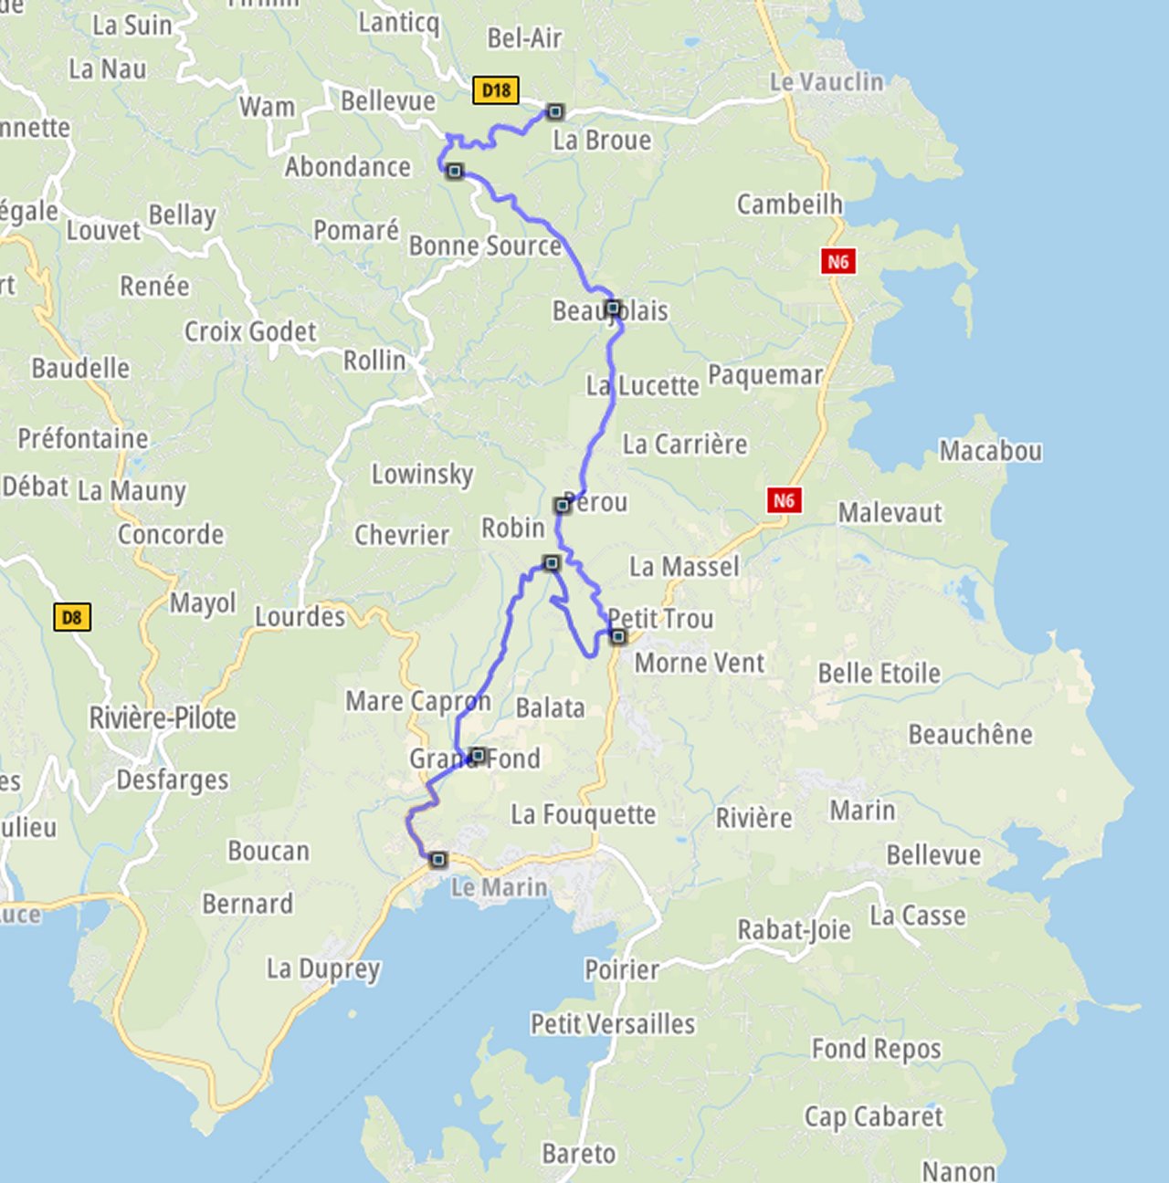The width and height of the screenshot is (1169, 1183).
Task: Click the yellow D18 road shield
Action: point(496,89)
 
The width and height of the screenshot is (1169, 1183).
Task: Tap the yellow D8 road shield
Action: point(72,617)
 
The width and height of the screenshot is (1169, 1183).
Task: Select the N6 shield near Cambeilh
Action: point(837,262)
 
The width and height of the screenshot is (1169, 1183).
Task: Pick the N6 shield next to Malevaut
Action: point(784,500)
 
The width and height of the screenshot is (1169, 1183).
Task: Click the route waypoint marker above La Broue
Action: point(555,112)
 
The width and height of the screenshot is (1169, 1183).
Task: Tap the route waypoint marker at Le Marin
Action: point(438,859)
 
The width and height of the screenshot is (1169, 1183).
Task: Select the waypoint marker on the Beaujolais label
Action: point(613,308)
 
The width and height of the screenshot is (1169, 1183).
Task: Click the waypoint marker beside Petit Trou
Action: point(618,636)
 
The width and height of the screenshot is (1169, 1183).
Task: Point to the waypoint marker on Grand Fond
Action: point(478,755)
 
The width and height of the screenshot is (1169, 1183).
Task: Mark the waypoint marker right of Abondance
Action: point(455,171)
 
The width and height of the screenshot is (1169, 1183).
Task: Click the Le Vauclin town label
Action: point(827,82)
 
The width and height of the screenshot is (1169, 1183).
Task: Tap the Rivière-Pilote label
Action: point(163,718)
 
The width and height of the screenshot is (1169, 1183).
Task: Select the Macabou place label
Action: point(991,451)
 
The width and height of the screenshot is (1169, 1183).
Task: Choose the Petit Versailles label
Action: point(613,1024)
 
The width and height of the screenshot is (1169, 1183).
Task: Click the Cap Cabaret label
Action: point(873,1116)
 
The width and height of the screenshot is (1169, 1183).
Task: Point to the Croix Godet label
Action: point(250,331)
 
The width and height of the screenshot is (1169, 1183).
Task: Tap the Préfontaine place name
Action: point(83,438)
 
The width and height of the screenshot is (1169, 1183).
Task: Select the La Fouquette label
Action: point(583,814)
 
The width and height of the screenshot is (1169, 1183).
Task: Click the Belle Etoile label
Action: point(879,674)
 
